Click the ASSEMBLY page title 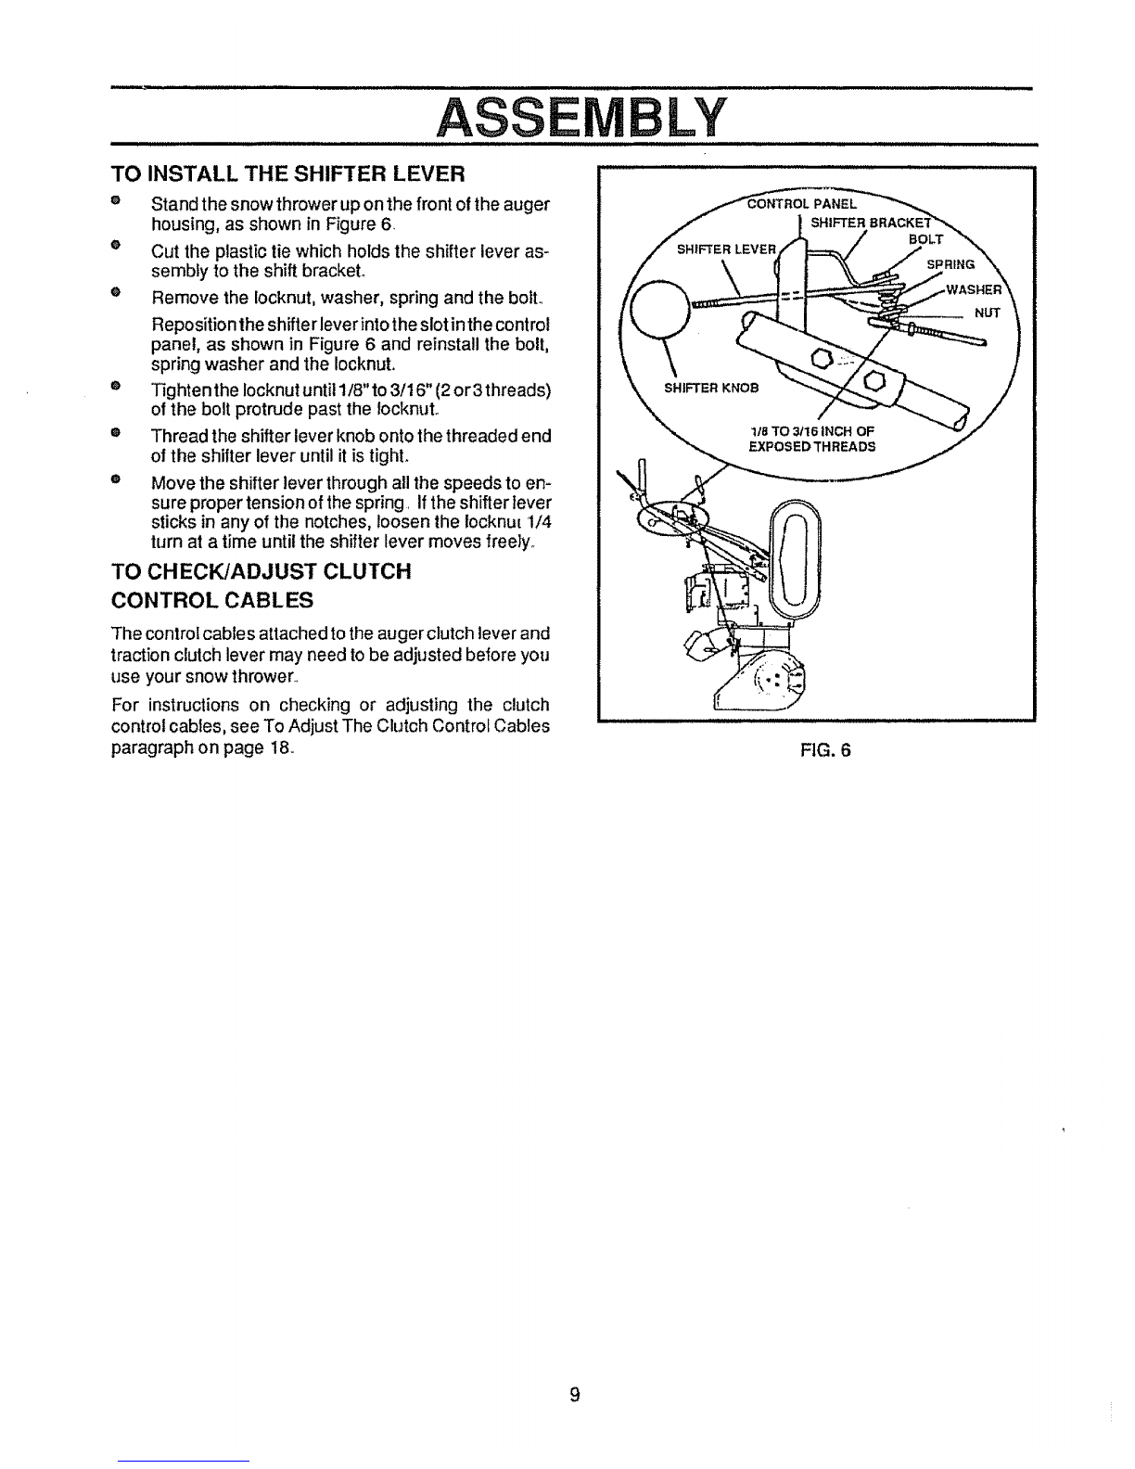pos(581,118)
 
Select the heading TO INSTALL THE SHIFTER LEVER pos(288,174)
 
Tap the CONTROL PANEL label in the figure pos(801,203)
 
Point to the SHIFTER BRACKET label pos(871,223)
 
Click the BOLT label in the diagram pos(925,239)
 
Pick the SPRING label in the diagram pos(950,264)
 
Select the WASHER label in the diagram pos(974,290)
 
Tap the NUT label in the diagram pos(987,313)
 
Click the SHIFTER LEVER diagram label pos(727,249)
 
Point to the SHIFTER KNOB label pos(711,388)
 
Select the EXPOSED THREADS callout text pos(812,447)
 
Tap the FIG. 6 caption pos(825,749)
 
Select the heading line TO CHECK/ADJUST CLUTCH pos(261,571)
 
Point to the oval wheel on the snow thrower pos(797,558)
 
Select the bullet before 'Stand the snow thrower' pos(116,200)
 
